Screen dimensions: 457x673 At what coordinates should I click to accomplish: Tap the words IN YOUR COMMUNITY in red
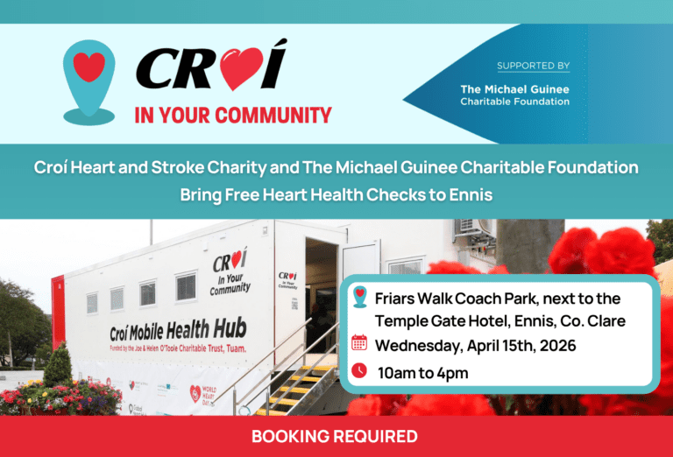click(x=233, y=115)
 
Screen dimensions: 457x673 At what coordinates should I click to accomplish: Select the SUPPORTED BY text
click(x=533, y=66)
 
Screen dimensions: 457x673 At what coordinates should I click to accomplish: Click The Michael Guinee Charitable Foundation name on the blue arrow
click(x=514, y=95)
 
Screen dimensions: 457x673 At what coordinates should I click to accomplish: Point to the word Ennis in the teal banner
click(x=471, y=193)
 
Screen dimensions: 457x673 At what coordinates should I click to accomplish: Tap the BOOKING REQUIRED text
click(x=335, y=436)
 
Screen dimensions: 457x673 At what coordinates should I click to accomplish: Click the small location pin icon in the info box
click(x=359, y=298)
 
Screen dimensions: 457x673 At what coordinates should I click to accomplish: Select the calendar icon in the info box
click(x=359, y=343)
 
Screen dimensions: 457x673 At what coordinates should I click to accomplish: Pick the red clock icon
click(x=359, y=371)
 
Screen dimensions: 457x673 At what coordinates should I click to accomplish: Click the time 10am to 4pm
click(x=422, y=373)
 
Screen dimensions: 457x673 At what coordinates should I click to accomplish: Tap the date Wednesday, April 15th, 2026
click(x=476, y=345)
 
